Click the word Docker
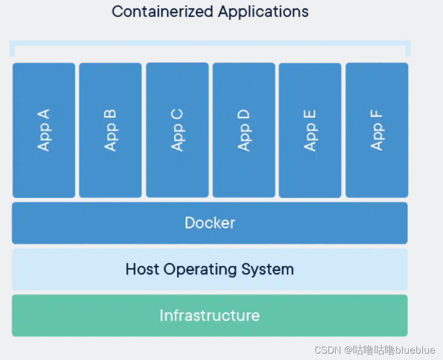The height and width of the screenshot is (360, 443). click(x=210, y=223)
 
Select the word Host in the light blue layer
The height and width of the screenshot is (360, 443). click(x=142, y=269)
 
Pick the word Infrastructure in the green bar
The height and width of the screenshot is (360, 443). click(x=210, y=315)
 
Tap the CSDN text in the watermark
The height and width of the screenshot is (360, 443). click(x=327, y=350)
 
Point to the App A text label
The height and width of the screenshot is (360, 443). click(x=44, y=130)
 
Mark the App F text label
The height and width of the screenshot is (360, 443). click(x=377, y=130)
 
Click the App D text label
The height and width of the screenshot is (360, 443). click(x=244, y=130)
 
